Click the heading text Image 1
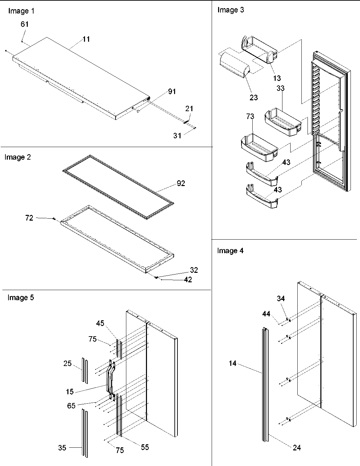pos(21,11)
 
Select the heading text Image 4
pos(230,251)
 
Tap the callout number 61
pos(25,24)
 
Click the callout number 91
pos(172,92)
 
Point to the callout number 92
pos(181,183)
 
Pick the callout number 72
pos(29,218)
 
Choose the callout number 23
pos(254,98)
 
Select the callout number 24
pos(297,448)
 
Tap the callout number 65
pos(71,406)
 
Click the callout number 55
pos(145,447)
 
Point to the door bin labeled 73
pos(258,147)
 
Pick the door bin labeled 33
pos(283,122)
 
